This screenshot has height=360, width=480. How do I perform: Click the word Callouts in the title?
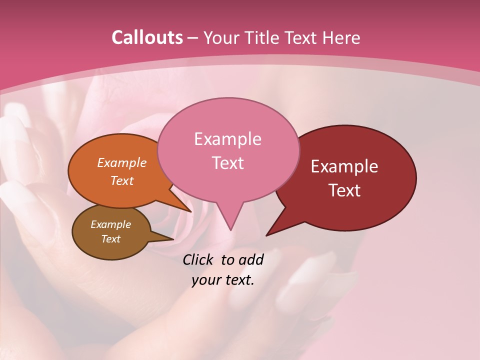coord(147,37)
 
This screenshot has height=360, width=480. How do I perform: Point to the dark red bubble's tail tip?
coord(267,234)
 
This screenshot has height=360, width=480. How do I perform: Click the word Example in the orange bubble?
coord(122,163)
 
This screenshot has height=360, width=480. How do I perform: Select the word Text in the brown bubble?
coord(111,239)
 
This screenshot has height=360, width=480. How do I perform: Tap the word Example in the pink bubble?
coord(227,139)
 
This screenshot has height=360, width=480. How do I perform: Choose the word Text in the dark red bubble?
coord(345,190)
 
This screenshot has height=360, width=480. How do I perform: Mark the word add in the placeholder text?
coord(251,259)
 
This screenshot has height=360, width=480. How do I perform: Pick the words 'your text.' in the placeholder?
coord(223,280)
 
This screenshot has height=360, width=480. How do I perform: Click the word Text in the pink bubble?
coord(227,163)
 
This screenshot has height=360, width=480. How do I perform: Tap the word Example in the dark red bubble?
coord(344,166)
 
